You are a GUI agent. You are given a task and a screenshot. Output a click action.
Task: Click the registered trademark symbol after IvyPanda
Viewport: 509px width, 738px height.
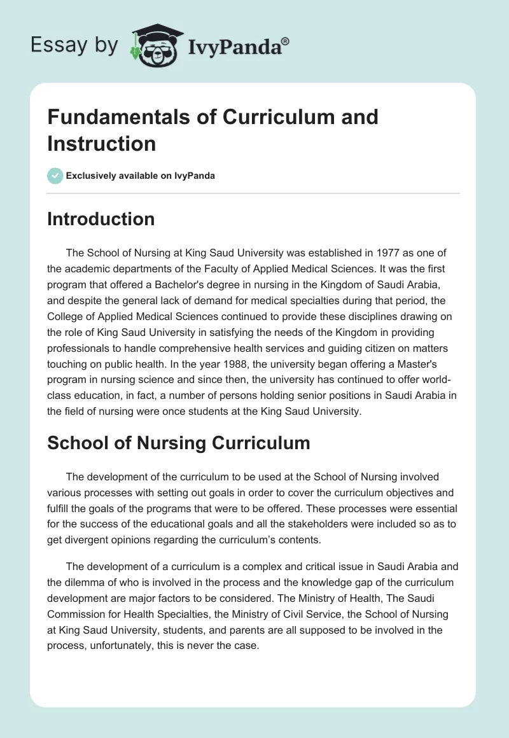point(286,40)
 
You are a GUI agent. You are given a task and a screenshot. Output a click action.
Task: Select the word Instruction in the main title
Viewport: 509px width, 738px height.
point(102,144)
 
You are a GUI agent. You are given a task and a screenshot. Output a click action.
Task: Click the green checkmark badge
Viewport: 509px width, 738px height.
point(55,176)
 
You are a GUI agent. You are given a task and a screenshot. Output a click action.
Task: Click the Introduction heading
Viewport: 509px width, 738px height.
point(101,219)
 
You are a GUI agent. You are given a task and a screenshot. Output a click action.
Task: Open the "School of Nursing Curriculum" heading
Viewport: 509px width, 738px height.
point(179,443)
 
